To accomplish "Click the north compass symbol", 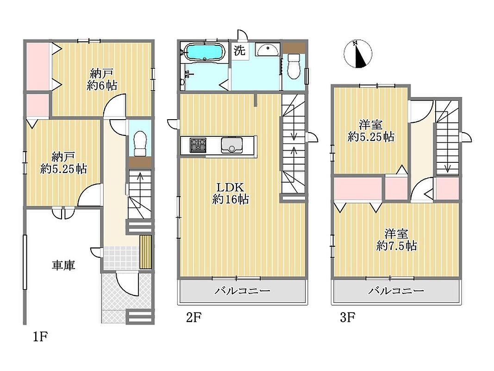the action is coord(358,54).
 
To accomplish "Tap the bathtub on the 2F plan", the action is coord(204,52).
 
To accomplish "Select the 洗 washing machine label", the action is coord(239,51).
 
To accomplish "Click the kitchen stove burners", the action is coord(198,145).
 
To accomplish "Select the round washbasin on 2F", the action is coord(267,50).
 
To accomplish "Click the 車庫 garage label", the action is coord(63,265).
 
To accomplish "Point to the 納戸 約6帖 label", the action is coord(102,79).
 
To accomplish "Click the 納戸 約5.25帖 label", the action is coord(63,163).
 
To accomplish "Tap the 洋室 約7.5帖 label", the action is coord(397,240).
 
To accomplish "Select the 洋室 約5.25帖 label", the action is coord(371,131).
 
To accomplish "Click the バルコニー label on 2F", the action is coord(242,291).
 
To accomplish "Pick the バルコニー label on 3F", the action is coord(396,291).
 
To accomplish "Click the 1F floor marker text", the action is coord(40,337).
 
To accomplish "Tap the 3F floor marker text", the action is coord(348,317).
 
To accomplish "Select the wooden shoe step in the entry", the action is coord(145,252).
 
